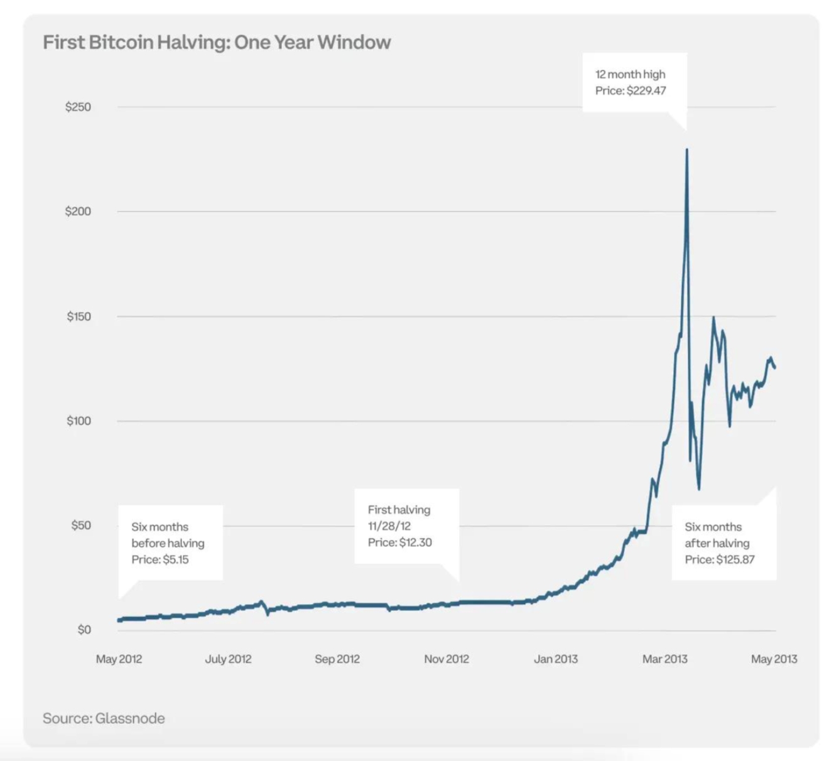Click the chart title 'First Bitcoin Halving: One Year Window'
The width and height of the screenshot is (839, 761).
217,42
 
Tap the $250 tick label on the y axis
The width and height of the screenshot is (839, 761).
78,107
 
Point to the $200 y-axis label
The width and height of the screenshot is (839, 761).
78,212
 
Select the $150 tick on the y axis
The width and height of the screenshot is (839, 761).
78,316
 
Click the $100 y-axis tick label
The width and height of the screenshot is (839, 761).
78,421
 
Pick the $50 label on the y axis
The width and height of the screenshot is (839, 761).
80,526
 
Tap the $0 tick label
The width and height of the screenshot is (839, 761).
84,630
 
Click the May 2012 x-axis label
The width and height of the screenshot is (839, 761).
119,659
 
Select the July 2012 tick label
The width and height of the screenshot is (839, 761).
228,659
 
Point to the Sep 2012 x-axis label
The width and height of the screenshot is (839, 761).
337,659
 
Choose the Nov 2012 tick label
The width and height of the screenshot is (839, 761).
447,659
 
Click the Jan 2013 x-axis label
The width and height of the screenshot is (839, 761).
556,659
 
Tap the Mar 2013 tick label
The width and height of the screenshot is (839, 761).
664,659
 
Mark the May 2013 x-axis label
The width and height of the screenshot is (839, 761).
774,659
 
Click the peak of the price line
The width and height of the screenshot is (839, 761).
687,149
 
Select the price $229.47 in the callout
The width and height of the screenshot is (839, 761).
646,91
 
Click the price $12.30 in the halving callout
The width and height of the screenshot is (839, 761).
415,542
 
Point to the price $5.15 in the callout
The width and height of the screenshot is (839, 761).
175,559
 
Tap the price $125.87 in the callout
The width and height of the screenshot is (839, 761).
735,559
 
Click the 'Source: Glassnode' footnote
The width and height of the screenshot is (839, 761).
104,718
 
